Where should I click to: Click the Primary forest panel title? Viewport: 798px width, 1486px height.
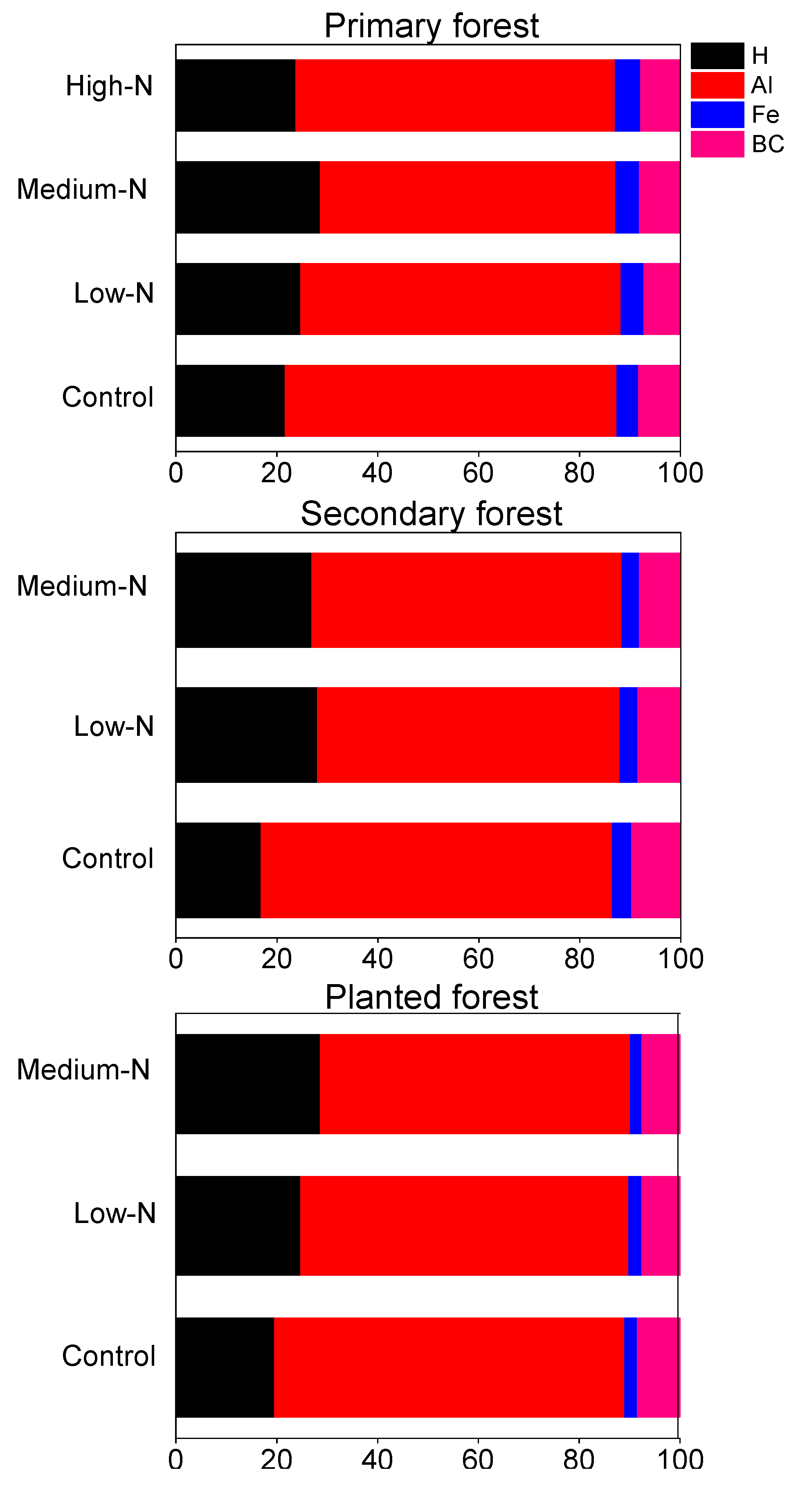[x=431, y=26]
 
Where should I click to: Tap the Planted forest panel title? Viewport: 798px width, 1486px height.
[x=431, y=997]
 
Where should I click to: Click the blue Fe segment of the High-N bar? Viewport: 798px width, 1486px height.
[x=627, y=95]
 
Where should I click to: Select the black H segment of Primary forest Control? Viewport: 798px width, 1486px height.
[x=229, y=400]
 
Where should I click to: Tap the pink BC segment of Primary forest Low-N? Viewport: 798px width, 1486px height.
[x=661, y=299]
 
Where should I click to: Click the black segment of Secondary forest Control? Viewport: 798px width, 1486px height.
[x=218, y=870]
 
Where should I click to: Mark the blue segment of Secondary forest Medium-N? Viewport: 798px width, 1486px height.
[x=629, y=600]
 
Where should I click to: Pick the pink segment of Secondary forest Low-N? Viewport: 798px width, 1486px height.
[x=659, y=735]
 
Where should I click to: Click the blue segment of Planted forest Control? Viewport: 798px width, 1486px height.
[x=630, y=1367]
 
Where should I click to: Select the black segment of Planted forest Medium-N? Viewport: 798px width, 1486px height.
[x=247, y=1084]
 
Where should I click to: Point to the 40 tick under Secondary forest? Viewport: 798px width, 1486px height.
[x=378, y=959]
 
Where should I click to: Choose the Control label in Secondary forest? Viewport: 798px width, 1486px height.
[x=108, y=859]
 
